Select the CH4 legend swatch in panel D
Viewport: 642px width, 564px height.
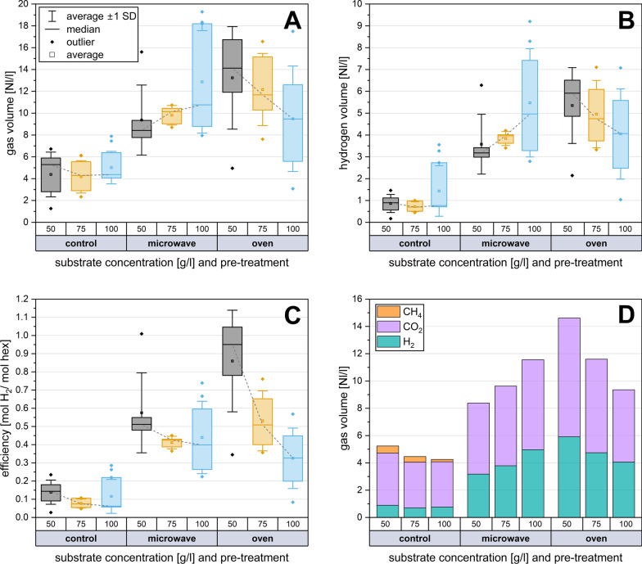tap(387, 310)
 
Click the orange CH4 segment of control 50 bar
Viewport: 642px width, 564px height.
tap(388, 449)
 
